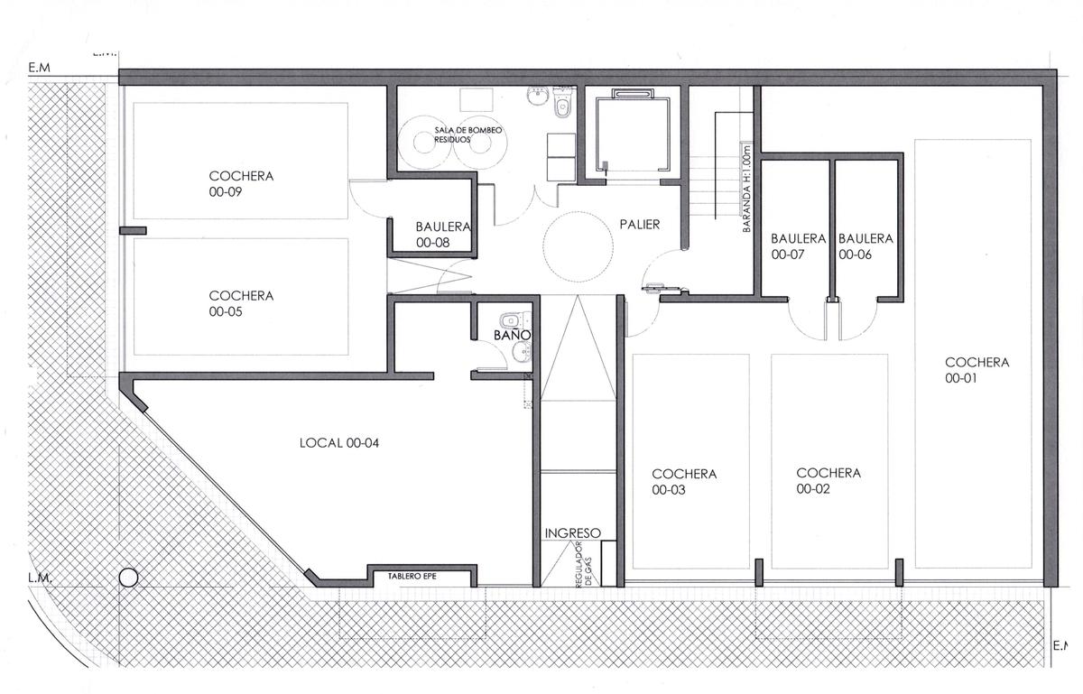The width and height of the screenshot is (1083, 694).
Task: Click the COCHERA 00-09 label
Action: tap(241, 184)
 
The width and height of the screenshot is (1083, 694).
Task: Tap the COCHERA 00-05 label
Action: tap(241, 303)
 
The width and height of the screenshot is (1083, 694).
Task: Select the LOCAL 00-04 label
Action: tap(339, 442)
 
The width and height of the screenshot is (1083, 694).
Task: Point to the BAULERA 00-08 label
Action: tap(443, 235)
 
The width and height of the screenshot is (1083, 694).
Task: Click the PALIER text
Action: tap(640, 225)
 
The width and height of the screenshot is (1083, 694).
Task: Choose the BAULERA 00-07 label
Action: tap(798, 246)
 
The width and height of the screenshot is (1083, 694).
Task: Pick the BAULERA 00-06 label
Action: tap(865, 246)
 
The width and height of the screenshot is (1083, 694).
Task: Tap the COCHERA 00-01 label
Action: tap(977, 370)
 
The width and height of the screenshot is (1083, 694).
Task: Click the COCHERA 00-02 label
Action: tap(828, 481)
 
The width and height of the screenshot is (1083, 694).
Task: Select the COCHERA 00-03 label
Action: tap(684, 482)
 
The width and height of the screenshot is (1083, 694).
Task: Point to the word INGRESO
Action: tap(573, 533)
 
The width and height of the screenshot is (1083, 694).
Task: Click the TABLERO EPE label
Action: tap(412, 576)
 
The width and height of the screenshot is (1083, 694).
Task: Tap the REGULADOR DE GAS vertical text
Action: tap(584, 564)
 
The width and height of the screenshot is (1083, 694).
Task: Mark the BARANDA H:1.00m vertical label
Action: tap(746, 190)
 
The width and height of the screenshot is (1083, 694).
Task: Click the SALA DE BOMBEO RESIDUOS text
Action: tap(467, 135)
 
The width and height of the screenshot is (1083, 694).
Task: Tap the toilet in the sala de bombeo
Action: tap(562, 103)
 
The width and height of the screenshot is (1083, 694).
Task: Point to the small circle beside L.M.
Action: tap(128, 578)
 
